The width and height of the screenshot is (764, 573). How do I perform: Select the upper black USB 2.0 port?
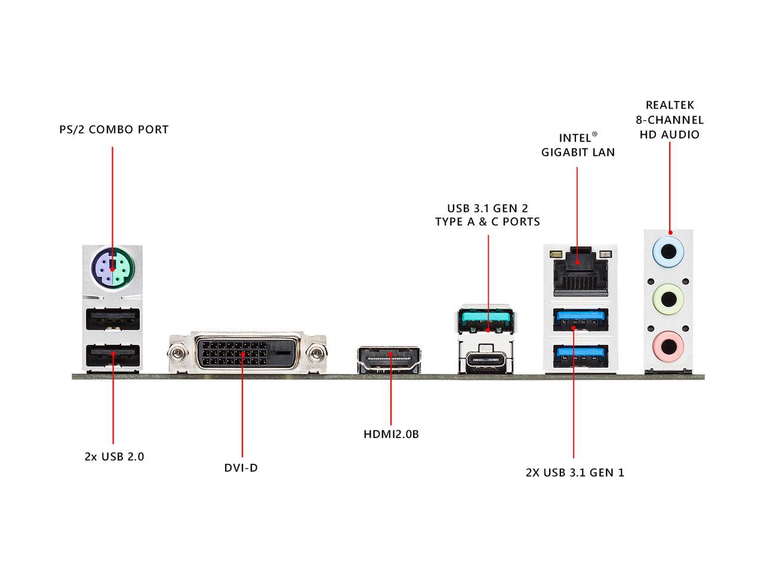coord(113,320)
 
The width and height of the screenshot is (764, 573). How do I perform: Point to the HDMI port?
coord(390,359)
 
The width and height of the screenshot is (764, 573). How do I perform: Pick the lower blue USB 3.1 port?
coord(578,356)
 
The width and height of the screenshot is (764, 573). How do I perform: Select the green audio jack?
coord(669,295)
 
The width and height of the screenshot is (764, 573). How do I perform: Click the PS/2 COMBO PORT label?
coord(114,130)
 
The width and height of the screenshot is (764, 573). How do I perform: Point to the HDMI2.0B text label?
coord(391,434)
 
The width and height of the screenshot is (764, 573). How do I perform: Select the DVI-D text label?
coord(241,467)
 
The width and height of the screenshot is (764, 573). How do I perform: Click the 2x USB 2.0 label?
coord(114,457)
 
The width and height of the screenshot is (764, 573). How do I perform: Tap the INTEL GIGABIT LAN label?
coord(578,145)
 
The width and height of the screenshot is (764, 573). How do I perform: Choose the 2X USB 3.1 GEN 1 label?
coord(575,473)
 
